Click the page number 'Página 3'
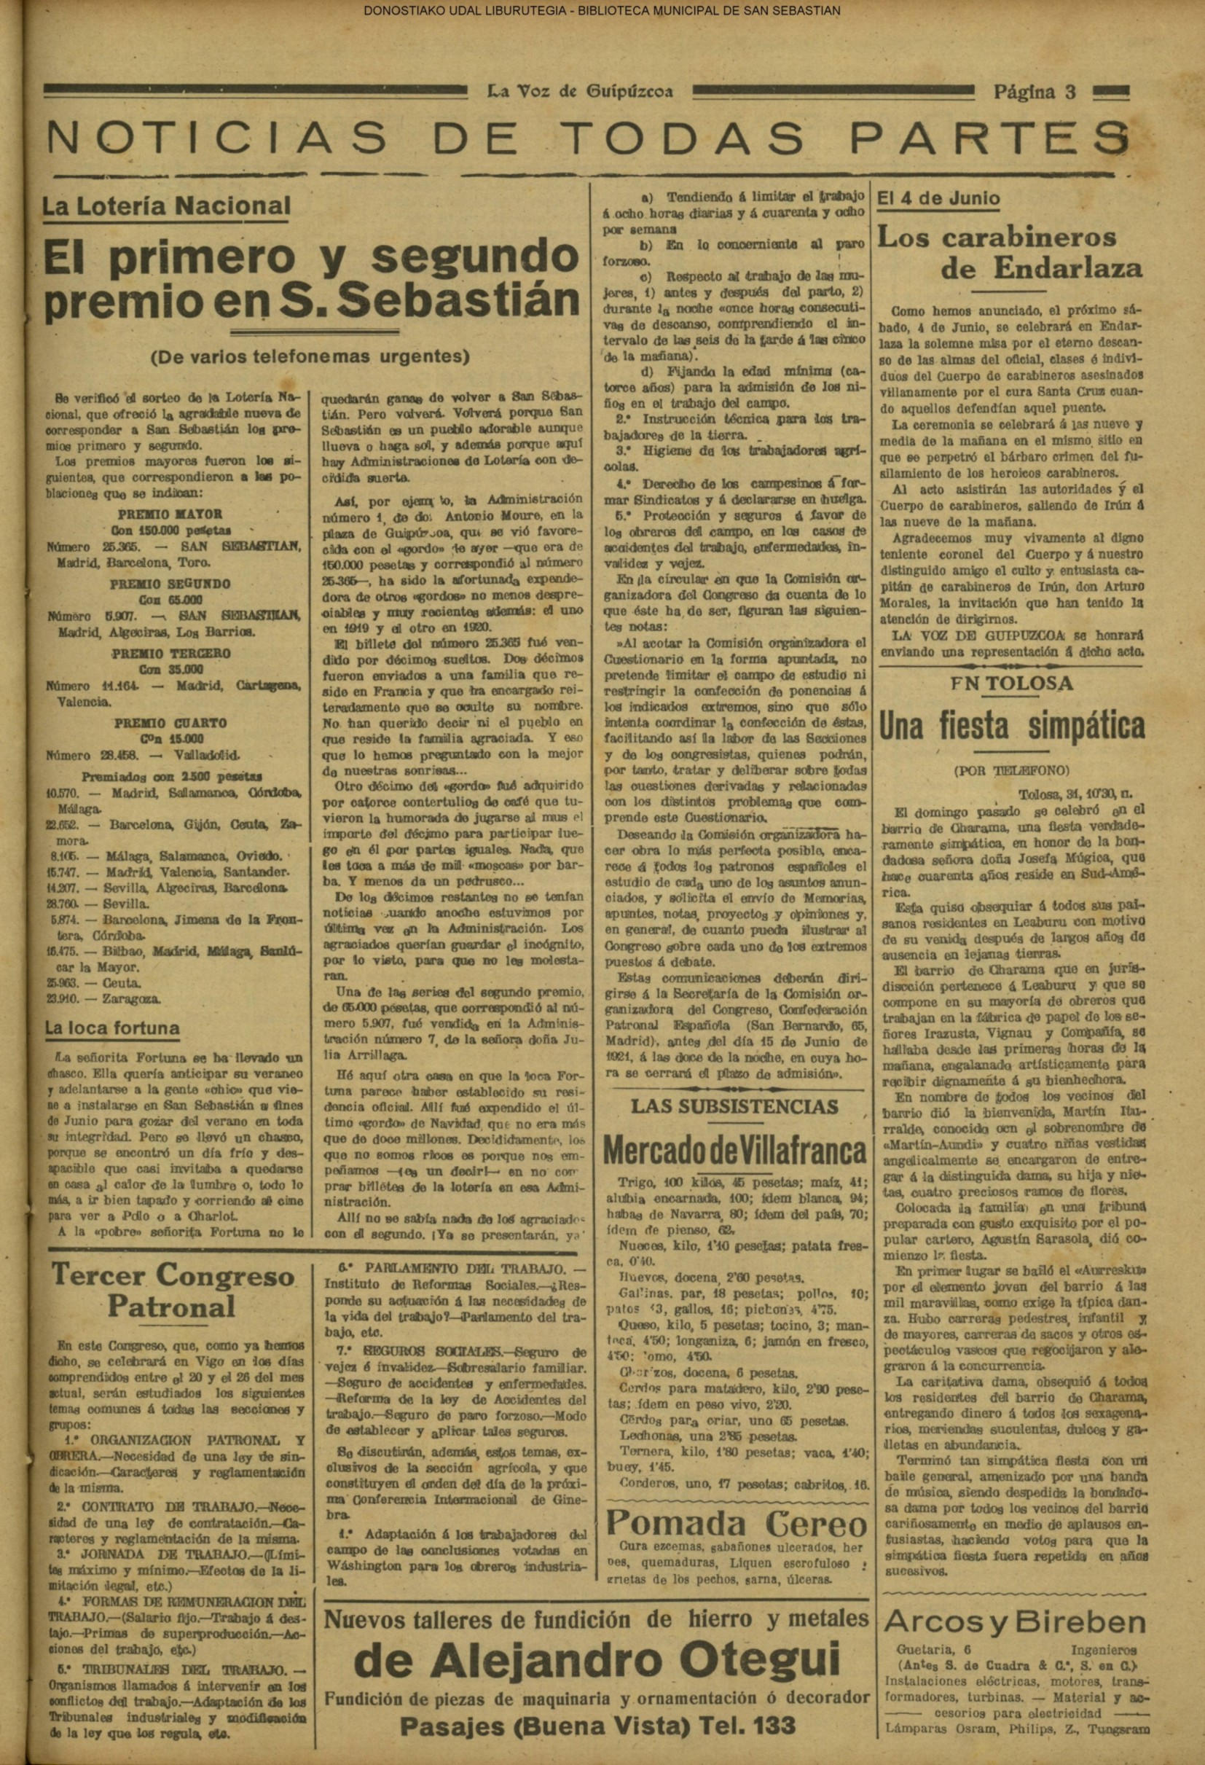(x=1035, y=92)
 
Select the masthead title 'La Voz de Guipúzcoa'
(x=579, y=92)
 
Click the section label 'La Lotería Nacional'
(x=166, y=206)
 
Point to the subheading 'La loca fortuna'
(x=112, y=1029)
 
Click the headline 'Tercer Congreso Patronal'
(x=173, y=1291)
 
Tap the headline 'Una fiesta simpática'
(x=1012, y=727)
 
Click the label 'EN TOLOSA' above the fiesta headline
(x=1012, y=683)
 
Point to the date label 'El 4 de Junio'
(x=938, y=198)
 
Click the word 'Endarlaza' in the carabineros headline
(x=1041, y=269)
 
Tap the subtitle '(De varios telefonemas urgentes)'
(x=309, y=355)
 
